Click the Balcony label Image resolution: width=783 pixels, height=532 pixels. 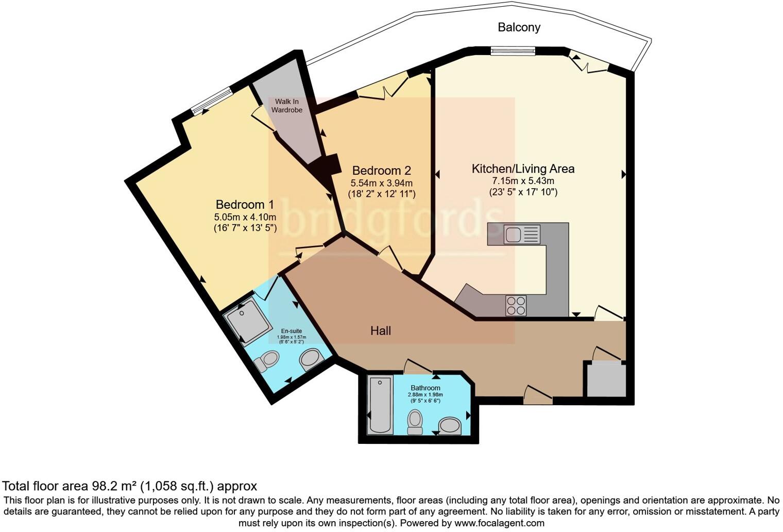[519, 27]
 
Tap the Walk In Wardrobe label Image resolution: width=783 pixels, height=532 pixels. [286, 106]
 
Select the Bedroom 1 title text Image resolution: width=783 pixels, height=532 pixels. [245, 204]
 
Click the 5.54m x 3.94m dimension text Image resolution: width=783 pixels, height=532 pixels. [381, 183]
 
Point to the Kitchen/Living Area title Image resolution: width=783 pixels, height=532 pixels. [523, 169]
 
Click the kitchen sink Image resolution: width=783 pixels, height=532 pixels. [522, 234]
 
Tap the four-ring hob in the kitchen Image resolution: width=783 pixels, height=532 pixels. [516, 306]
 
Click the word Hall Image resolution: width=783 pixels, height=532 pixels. [380, 330]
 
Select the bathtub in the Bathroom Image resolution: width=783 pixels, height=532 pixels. [380, 405]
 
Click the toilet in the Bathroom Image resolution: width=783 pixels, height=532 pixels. [415, 422]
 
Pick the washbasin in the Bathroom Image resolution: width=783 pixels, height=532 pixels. [450, 426]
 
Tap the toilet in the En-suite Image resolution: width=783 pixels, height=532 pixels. [266, 361]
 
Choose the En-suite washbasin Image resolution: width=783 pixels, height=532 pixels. [310, 359]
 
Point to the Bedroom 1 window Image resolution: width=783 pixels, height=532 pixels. [212, 101]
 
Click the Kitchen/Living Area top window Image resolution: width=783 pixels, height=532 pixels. [513, 52]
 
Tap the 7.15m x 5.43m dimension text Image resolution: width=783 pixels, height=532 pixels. [523, 181]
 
